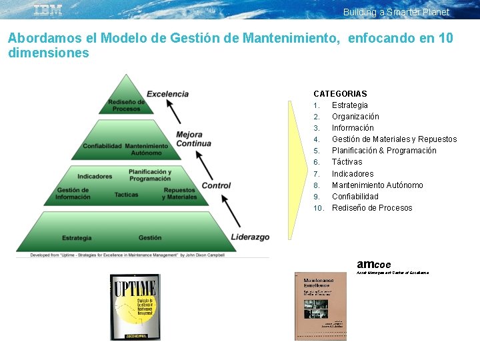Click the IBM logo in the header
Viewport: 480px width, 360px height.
(48, 10)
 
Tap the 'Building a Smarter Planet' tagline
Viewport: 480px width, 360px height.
(396, 12)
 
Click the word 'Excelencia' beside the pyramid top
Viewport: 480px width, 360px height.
(167, 94)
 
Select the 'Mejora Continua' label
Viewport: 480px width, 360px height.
(193, 139)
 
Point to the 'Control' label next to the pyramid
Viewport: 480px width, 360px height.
(216, 185)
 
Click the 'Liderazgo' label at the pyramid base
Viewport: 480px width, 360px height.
(250, 237)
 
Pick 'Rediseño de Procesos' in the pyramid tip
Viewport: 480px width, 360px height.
(126, 105)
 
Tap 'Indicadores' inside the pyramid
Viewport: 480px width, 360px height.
(95, 177)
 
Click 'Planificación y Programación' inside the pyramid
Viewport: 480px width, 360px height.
(150, 175)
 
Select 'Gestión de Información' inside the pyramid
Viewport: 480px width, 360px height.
(73, 194)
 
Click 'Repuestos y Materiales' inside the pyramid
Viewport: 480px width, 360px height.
(180, 194)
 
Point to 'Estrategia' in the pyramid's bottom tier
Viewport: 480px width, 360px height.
(77, 238)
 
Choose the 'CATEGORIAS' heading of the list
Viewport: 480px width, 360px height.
(340, 94)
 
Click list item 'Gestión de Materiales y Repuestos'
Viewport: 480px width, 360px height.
(394, 139)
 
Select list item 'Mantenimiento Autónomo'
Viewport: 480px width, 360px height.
(377, 185)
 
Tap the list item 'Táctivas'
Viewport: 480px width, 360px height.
(347, 162)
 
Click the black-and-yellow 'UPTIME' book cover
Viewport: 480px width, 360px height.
(135, 307)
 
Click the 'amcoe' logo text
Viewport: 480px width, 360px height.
(374, 264)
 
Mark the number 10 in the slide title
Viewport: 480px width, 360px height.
(445, 38)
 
